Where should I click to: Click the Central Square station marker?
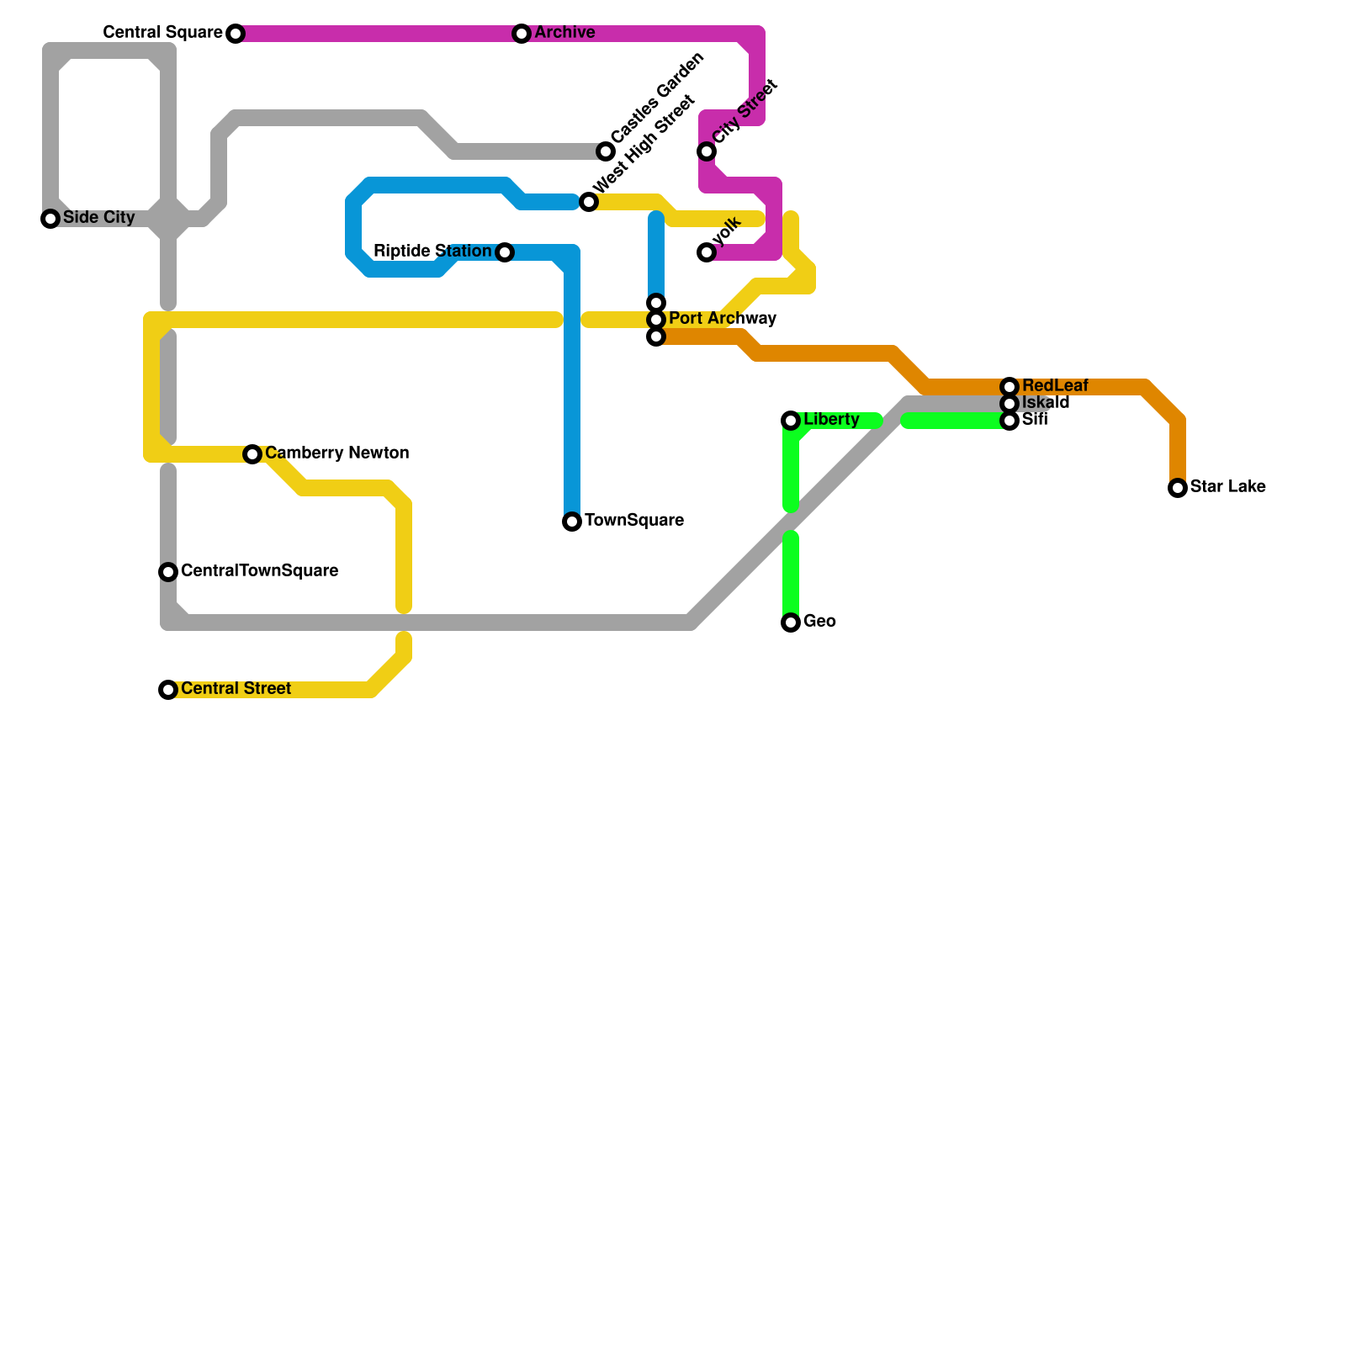click(x=236, y=34)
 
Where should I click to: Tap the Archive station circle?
click(x=522, y=34)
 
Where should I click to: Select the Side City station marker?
click(x=50, y=219)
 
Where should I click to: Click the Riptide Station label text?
click(x=432, y=252)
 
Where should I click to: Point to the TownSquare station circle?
click(x=572, y=522)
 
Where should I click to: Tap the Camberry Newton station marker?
click(x=252, y=454)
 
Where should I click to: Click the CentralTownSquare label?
click(x=259, y=571)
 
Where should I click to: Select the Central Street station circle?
click(x=168, y=690)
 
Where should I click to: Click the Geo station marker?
click(x=791, y=623)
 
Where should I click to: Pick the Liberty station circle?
click(x=791, y=421)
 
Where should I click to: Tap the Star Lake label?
click(x=1227, y=487)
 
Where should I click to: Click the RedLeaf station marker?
click(x=1010, y=387)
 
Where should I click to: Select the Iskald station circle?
click(x=1010, y=404)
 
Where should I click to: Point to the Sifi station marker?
click(x=1010, y=421)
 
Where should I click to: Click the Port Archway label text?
click(x=722, y=319)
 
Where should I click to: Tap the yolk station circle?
click(x=707, y=252)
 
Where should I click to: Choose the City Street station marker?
click(x=707, y=151)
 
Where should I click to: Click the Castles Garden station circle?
click(x=606, y=151)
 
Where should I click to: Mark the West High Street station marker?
click(x=589, y=202)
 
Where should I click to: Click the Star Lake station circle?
click(x=1178, y=488)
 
